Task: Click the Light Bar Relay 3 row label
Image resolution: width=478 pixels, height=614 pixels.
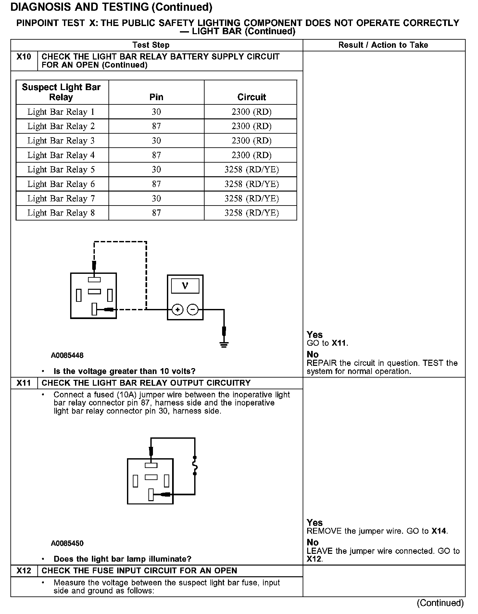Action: (61, 141)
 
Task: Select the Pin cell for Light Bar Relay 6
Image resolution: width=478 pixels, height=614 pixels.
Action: (156, 184)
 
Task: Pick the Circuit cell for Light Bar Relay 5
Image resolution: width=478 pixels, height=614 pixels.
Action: (251, 169)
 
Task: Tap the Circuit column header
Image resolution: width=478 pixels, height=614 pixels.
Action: (251, 97)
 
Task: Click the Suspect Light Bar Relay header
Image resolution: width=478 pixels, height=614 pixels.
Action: (61, 92)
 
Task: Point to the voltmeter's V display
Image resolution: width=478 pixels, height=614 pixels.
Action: (185, 286)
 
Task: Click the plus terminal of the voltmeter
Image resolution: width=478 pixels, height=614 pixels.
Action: (177, 310)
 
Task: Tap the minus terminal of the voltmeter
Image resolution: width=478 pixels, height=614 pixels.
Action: (193, 310)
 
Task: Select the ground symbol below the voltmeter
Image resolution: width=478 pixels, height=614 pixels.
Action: (224, 344)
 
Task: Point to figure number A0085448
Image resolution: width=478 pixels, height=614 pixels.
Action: (67, 355)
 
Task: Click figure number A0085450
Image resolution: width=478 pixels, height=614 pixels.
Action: (67, 543)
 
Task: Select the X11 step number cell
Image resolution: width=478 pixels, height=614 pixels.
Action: (24, 383)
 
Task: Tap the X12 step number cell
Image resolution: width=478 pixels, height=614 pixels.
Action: (24, 571)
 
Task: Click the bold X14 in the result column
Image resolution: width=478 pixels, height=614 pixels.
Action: (439, 531)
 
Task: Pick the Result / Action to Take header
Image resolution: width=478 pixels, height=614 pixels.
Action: (383, 45)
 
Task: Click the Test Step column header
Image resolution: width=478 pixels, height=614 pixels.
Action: (151, 45)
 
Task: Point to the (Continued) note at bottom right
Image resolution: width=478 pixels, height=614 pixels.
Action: (440, 603)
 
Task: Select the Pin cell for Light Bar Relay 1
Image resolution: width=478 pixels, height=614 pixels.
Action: (156, 112)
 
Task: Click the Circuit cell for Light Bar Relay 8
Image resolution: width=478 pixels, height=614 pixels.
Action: (251, 213)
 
